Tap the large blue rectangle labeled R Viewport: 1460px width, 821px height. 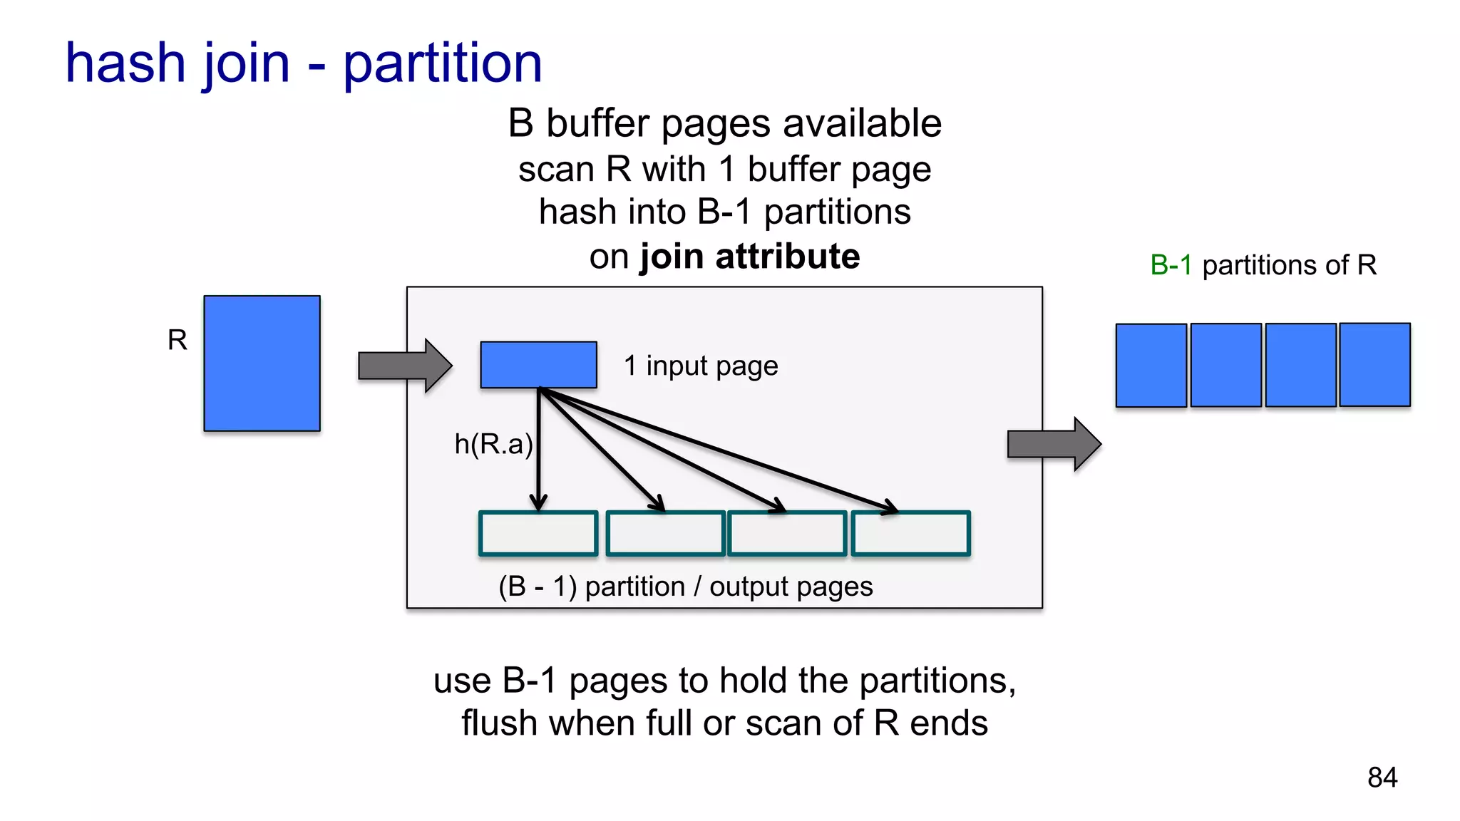pos(262,363)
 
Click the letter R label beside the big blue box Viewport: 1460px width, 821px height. pos(178,340)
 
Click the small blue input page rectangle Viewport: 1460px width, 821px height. pos(538,365)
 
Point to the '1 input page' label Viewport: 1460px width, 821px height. pos(701,366)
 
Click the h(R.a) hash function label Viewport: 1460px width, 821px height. pos(493,444)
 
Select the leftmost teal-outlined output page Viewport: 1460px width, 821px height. pos(538,533)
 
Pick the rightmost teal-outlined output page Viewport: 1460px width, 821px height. pos(910,533)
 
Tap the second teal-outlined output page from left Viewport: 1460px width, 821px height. pos(664,533)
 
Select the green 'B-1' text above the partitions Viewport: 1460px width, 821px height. pos(1171,265)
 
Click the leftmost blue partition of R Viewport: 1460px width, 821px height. pos(1151,366)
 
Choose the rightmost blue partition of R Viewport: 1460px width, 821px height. pos(1374,365)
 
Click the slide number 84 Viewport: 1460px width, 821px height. pos(1382,778)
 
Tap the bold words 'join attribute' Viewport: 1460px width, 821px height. pos(750,257)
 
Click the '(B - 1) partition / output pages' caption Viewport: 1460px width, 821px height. pos(685,587)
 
